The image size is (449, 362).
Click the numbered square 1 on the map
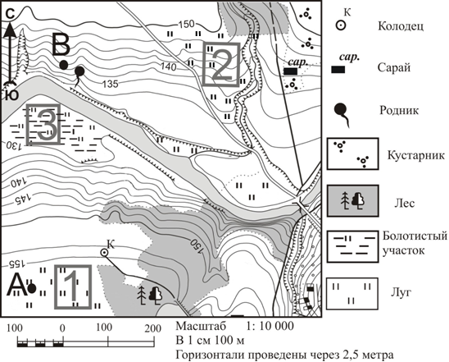point(73,286)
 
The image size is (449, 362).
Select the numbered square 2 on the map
point(220,64)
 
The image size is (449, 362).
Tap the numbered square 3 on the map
point(43,124)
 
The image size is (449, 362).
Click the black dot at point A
point(32,288)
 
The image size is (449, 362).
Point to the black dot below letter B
point(64,65)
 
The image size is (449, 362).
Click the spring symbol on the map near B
point(79,76)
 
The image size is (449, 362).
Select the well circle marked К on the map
point(104,253)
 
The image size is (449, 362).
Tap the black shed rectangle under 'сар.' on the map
point(290,71)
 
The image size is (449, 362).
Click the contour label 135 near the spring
point(111,84)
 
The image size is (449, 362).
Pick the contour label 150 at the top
point(187,24)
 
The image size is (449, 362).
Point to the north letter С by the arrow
point(11,14)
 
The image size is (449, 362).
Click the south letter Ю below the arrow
point(11,94)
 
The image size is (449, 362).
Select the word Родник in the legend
point(399,110)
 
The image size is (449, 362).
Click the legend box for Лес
point(353,201)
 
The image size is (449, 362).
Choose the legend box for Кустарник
point(353,154)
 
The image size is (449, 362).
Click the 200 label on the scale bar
point(152,328)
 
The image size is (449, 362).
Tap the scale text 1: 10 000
point(270,326)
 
